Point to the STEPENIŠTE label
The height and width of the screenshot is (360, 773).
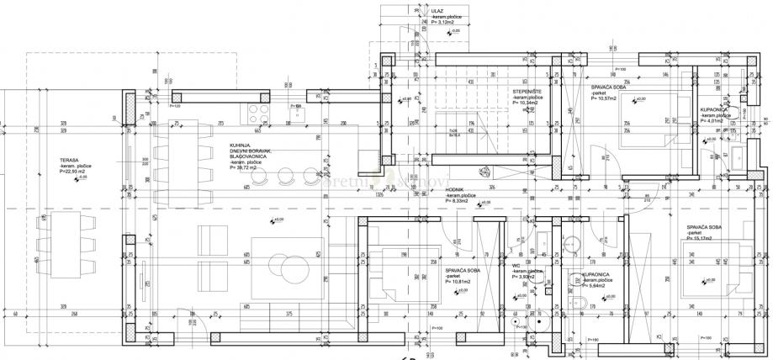pos(528,91)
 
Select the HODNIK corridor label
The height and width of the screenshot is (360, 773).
pos(457,191)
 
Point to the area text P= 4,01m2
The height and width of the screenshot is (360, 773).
pos(712,121)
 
